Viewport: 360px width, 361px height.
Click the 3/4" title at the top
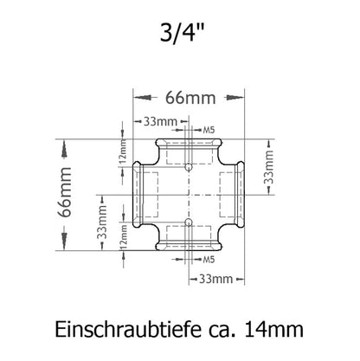coord(183,34)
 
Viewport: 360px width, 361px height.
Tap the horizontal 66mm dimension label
coord(190,98)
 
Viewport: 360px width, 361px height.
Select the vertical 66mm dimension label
coord(65,192)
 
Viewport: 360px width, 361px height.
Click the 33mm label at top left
coord(160,122)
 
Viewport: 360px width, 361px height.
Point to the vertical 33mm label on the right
coord(268,167)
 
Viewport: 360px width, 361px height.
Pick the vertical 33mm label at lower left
coord(102,222)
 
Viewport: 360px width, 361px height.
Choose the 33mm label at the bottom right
coord(215,279)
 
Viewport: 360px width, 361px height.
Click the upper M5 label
coord(209,130)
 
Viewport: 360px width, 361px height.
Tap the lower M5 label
coord(209,260)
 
